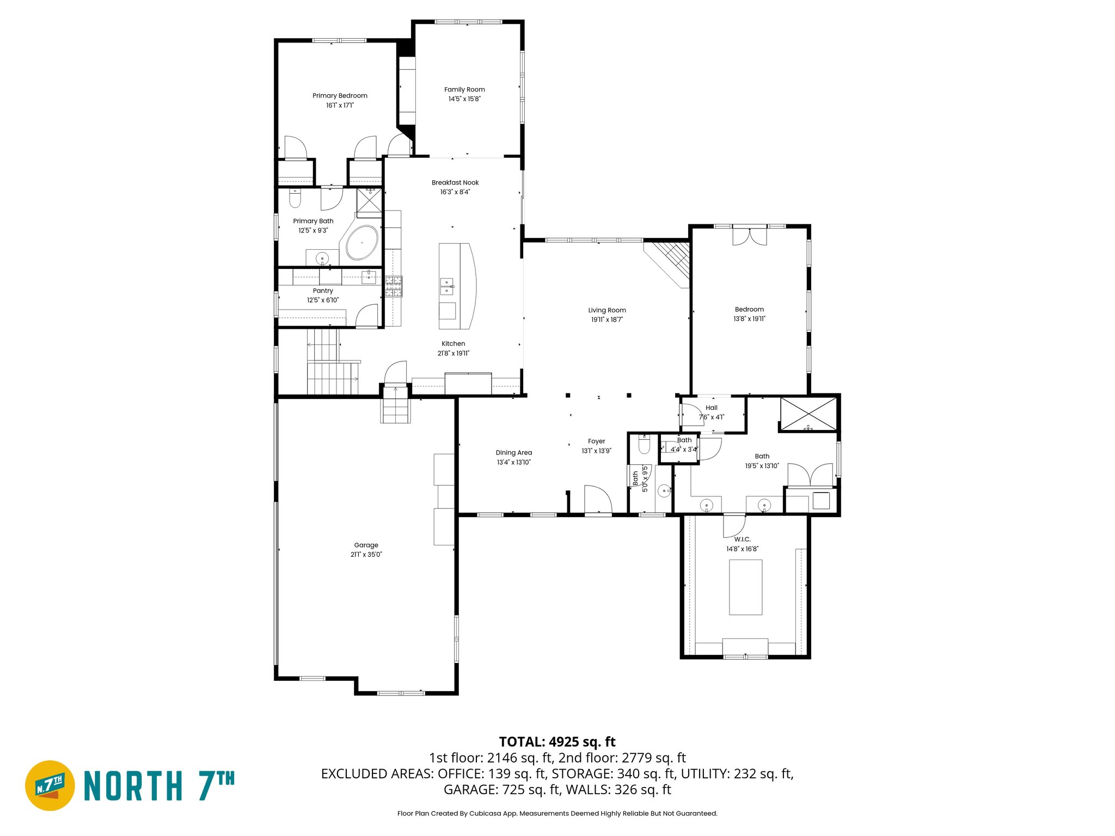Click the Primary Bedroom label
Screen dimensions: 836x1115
(340, 96)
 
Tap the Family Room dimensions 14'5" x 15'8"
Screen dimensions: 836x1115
(464, 99)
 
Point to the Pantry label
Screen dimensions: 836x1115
(323, 291)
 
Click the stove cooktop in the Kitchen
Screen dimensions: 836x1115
(394, 286)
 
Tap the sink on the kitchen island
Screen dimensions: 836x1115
(446, 286)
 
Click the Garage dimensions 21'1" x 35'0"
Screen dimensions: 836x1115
(366, 555)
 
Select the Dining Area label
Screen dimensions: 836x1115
(513, 452)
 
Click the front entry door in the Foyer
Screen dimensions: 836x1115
(598, 500)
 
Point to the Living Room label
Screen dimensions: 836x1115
(607, 310)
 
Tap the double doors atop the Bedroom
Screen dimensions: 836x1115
(749, 236)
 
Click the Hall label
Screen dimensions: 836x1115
(711, 408)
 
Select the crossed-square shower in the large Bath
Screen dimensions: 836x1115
(808, 414)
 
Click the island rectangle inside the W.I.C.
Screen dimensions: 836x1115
(745, 587)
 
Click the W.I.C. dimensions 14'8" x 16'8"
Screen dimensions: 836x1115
(742, 549)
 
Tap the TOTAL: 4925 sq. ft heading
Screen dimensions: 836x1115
(557, 742)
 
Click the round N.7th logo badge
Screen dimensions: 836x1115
(50, 785)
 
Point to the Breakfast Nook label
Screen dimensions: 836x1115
(455, 183)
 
